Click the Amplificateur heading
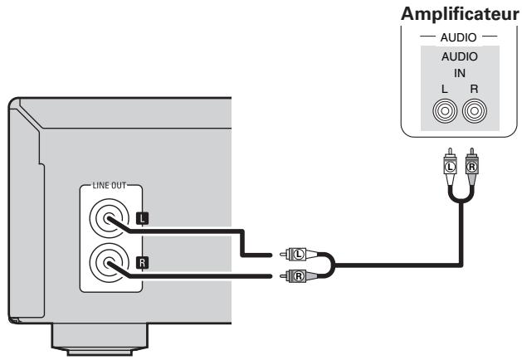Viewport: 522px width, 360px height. point(460,15)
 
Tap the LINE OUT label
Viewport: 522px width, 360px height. point(110,185)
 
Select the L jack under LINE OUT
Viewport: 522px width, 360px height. point(109,218)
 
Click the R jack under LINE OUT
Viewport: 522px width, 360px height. point(109,263)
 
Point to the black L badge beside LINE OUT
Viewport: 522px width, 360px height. point(143,219)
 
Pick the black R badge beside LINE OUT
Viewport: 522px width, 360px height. point(143,263)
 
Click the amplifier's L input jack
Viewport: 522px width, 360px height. point(445,111)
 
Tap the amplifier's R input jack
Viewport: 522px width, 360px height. point(475,111)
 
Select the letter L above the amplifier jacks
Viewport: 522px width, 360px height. point(444,89)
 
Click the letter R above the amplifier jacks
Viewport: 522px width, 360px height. point(474,89)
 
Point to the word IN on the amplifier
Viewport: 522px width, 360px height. point(460,73)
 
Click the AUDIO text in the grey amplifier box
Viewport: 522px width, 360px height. point(460,56)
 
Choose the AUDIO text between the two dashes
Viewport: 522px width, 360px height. point(458,37)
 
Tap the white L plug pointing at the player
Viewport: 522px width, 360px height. point(298,254)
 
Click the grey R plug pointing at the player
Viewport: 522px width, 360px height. point(298,276)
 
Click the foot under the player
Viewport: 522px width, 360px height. point(100,339)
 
